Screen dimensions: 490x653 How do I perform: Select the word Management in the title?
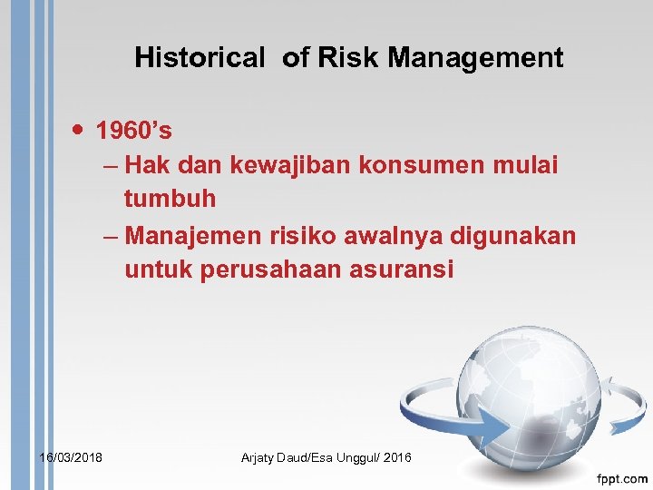pyautogui.click(x=476, y=58)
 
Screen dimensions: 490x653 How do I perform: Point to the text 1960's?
pyautogui.click(x=134, y=132)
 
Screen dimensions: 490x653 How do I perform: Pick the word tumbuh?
pyautogui.click(x=170, y=198)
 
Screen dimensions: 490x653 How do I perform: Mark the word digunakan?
pyautogui.click(x=513, y=236)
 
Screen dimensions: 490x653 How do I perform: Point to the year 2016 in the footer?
pyautogui.click(x=397, y=457)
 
